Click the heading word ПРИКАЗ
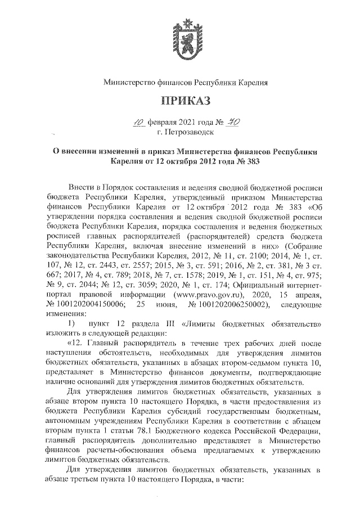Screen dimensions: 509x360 185,101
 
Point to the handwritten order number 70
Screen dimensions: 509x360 229,121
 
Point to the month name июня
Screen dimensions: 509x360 164,305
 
